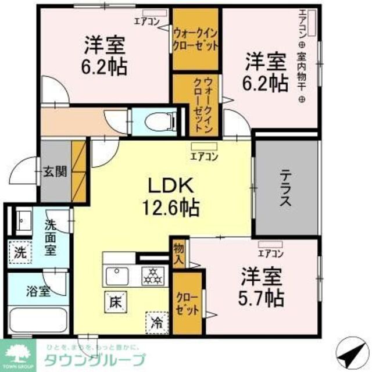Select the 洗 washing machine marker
point(20,253)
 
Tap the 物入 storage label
point(178,253)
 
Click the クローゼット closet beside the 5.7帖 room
point(188,302)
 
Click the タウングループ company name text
point(95,359)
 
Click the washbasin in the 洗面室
point(24,220)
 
